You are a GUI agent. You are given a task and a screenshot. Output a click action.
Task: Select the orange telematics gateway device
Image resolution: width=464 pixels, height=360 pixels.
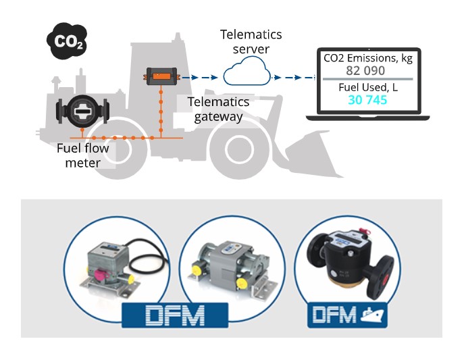[161, 76]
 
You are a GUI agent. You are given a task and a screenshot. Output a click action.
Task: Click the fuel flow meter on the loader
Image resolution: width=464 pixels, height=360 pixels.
[82, 110]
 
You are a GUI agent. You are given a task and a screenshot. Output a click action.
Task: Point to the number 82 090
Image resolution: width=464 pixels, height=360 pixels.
[365, 70]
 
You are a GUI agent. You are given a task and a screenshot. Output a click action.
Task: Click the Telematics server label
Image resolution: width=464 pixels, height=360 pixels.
[251, 41]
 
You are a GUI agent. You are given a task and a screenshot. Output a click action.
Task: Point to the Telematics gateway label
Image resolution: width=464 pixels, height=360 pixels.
[218, 109]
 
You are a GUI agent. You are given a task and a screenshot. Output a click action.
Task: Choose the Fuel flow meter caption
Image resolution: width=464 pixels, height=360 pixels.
[78, 156]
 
